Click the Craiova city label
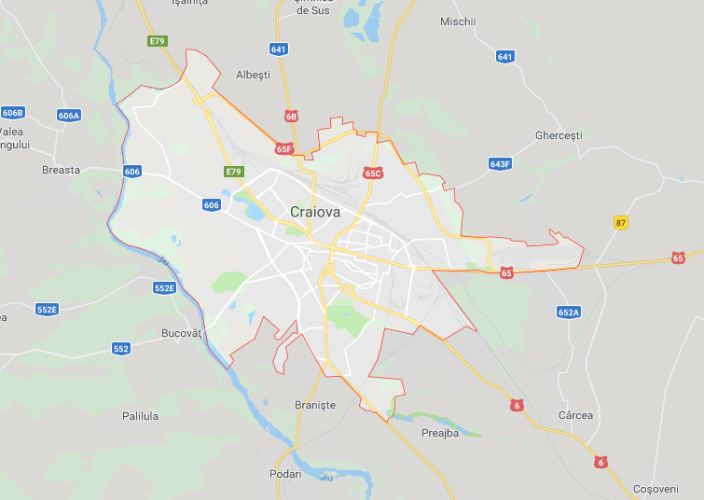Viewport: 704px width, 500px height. (x=315, y=212)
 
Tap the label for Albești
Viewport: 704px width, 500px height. (x=253, y=75)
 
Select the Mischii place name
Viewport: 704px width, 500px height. (x=458, y=21)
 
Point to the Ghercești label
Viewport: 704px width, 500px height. (x=559, y=135)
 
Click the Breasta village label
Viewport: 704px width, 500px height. (x=62, y=170)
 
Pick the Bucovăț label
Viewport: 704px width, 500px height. (x=181, y=333)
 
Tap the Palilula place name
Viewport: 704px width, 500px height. (x=140, y=416)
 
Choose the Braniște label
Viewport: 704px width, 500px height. (x=314, y=405)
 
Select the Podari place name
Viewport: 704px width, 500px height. (x=285, y=474)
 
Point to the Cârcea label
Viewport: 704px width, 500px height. (x=575, y=416)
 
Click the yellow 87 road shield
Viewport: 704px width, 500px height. (x=621, y=223)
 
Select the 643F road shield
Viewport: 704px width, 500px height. (x=500, y=164)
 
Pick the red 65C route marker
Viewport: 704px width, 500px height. (x=373, y=173)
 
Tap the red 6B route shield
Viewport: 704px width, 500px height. (x=292, y=117)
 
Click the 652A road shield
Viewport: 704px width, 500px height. (x=568, y=312)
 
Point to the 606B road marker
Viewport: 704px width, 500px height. (x=12, y=113)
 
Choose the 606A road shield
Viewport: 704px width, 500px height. (x=69, y=116)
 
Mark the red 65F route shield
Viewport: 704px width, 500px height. (x=283, y=149)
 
